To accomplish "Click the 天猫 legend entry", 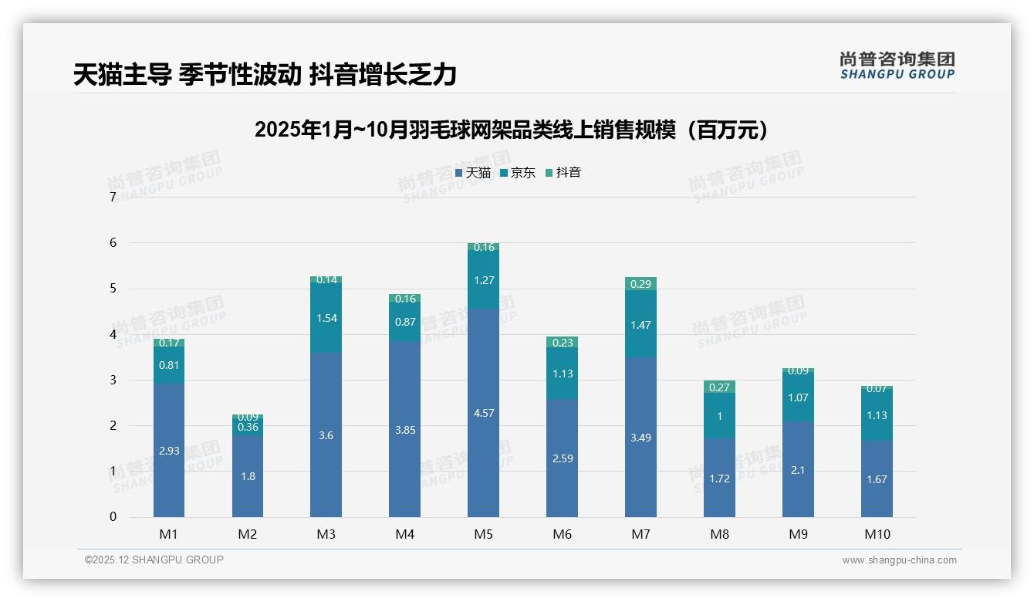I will coord(473,173).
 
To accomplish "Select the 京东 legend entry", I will coord(518,173).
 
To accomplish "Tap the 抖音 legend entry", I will coord(563,173).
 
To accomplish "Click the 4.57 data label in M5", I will coord(483,413).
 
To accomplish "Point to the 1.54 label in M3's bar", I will coord(326,318).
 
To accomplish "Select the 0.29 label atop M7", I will coord(640,284).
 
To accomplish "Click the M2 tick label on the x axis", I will coord(248,534).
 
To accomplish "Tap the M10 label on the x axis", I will coord(877,534).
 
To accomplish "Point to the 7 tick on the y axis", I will coord(113,198).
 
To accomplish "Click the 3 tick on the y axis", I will coord(113,380).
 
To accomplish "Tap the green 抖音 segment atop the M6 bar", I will coord(562,342).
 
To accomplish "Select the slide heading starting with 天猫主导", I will coord(265,75).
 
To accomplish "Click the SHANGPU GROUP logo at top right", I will coord(897,66).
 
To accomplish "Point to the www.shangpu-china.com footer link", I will coord(899,560).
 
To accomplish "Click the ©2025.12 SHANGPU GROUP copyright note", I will coord(154,560).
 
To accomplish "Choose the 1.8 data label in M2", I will coord(248,476).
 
